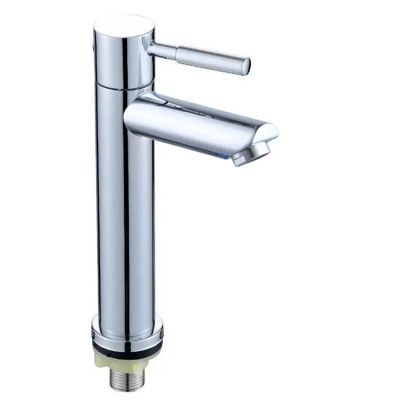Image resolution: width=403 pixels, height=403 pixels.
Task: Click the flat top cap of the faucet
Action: [x=124, y=26]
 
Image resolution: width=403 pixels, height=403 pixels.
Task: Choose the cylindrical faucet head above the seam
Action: [x=124, y=57]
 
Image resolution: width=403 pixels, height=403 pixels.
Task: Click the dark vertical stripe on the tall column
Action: [x=126, y=216]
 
